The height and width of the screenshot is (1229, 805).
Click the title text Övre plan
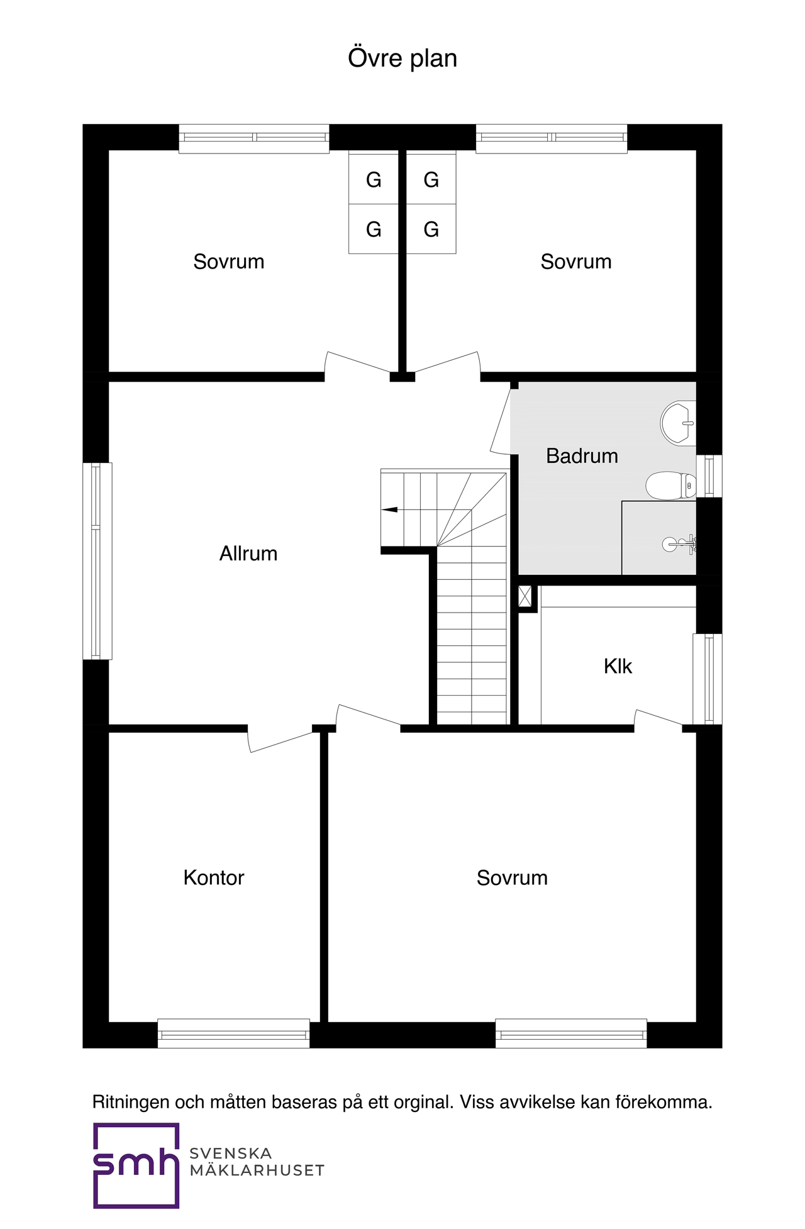click(x=402, y=58)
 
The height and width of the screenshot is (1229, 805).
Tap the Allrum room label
click(x=248, y=553)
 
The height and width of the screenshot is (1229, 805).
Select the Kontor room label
click(x=214, y=877)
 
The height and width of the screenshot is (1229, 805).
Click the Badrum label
click(x=582, y=456)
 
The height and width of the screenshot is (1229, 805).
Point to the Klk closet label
click(x=618, y=666)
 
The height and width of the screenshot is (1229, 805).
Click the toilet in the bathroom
click(x=671, y=486)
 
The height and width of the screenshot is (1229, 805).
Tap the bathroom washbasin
click(x=678, y=423)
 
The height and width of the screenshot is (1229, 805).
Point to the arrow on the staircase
click(x=389, y=509)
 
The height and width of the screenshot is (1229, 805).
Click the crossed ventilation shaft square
click(x=525, y=596)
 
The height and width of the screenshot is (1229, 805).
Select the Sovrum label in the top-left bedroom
click(x=229, y=262)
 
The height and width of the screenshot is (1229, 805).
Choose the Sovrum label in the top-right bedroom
click(x=576, y=262)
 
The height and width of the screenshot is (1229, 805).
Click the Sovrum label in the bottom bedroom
click(x=512, y=877)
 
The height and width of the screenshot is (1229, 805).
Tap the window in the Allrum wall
click(x=97, y=561)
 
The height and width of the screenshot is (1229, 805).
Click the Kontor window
click(x=233, y=1033)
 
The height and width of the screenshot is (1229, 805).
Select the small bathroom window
click(x=709, y=476)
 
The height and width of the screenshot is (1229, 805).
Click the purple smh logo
click(x=136, y=1165)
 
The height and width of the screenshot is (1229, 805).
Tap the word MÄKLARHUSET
click(x=257, y=1171)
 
